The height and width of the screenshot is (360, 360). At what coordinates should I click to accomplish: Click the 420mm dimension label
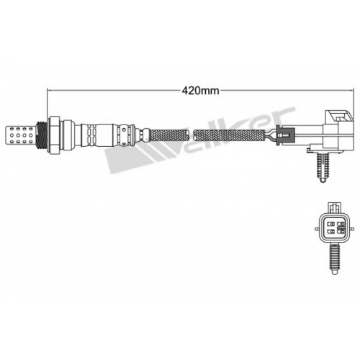click(200, 91)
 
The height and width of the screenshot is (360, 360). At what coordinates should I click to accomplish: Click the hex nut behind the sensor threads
click(54, 135)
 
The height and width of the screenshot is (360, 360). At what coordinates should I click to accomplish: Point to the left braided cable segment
click(168, 135)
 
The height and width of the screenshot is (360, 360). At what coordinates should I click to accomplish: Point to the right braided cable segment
click(229, 135)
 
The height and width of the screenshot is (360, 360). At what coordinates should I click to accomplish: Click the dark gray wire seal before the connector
click(285, 135)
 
